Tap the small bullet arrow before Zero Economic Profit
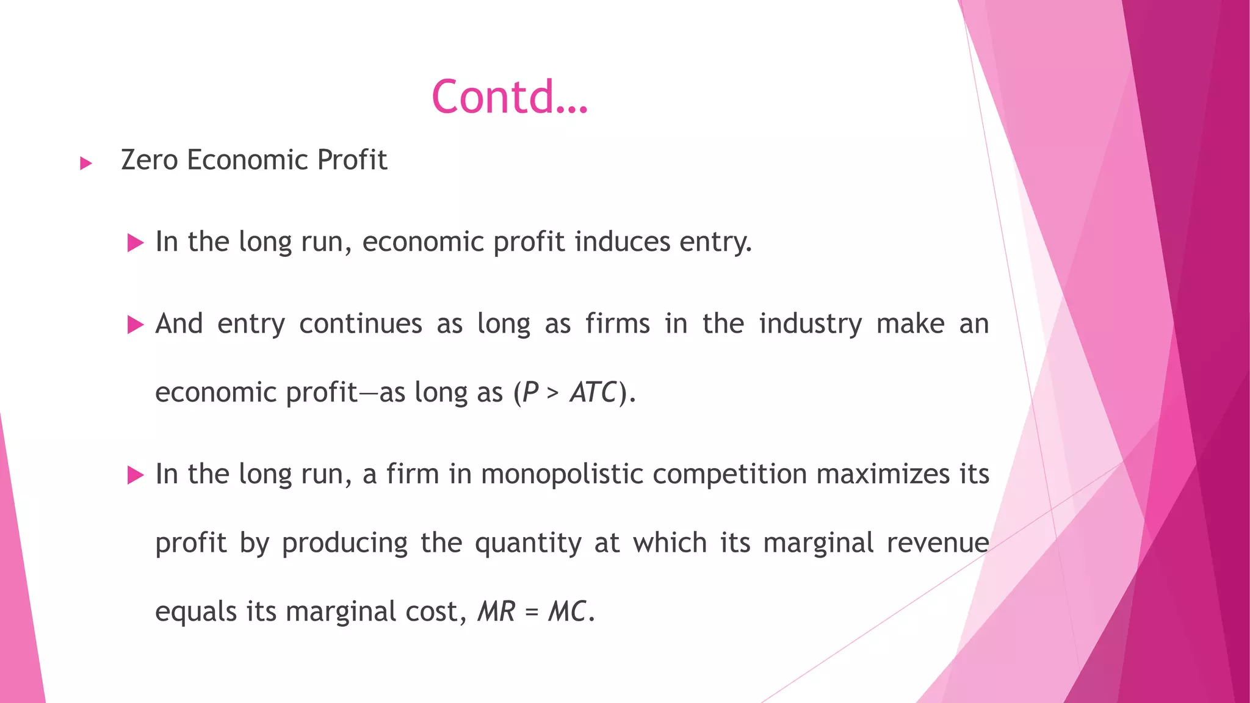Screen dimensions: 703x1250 click(86, 163)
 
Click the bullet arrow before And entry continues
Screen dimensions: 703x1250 click(135, 325)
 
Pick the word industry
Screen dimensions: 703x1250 click(810, 324)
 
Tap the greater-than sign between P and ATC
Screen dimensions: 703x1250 click(553, 394)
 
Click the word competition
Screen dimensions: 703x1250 click(729, 475)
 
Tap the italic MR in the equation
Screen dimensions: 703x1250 click(496, 611)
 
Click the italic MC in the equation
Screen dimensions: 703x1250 click(567, 611)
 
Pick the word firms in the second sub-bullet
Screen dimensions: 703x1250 click(617, 323)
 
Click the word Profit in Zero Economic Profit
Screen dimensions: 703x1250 click(352, 160)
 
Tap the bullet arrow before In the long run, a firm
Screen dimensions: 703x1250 click(135, 475)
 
